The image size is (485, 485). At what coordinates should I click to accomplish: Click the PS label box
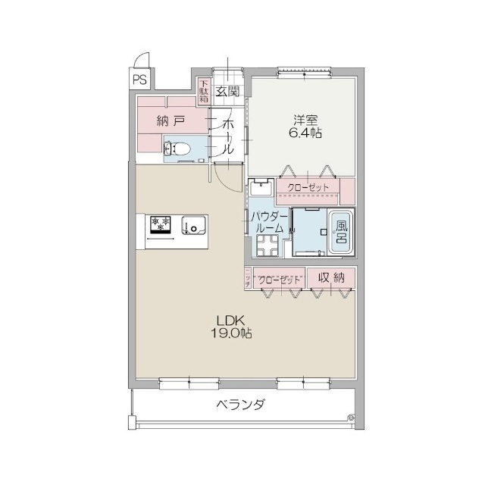[x=140, y=78]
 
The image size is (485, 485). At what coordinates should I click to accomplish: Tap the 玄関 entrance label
[x=227, y=92]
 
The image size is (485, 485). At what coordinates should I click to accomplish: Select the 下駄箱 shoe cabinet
[x=204, y=92]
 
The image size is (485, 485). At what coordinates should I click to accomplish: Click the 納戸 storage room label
[x=171, y=120]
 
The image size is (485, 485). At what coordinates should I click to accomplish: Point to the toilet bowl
[x=179, y=149]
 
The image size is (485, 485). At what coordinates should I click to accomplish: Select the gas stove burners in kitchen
[x=161, y=224]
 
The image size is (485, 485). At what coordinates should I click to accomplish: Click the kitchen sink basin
[x=192, y=225]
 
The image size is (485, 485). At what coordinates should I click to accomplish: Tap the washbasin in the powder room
[x=259, y=186]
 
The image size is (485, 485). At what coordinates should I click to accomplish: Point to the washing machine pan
[x=268, y=245]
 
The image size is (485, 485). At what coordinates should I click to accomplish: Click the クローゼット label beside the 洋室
[x=308, y=187]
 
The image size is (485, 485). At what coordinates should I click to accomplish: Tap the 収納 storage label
[x=331, y=279]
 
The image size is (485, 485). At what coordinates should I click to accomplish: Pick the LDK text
[x=230, y=319]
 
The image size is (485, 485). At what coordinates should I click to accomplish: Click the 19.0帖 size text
[x=230, y=333]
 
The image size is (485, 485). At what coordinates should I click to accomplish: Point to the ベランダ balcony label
[x=240, y=405]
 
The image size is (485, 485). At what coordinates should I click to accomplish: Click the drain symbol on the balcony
[x=350, y=417]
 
